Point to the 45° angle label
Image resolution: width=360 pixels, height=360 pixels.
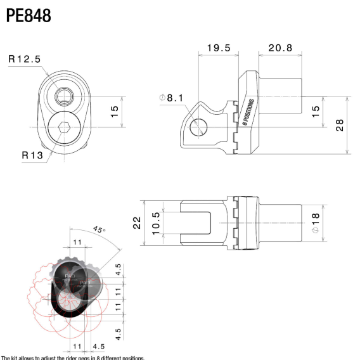(100, 229)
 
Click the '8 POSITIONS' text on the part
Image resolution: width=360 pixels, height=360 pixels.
(248, 113)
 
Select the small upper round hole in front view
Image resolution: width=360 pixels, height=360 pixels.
(63, 96)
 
